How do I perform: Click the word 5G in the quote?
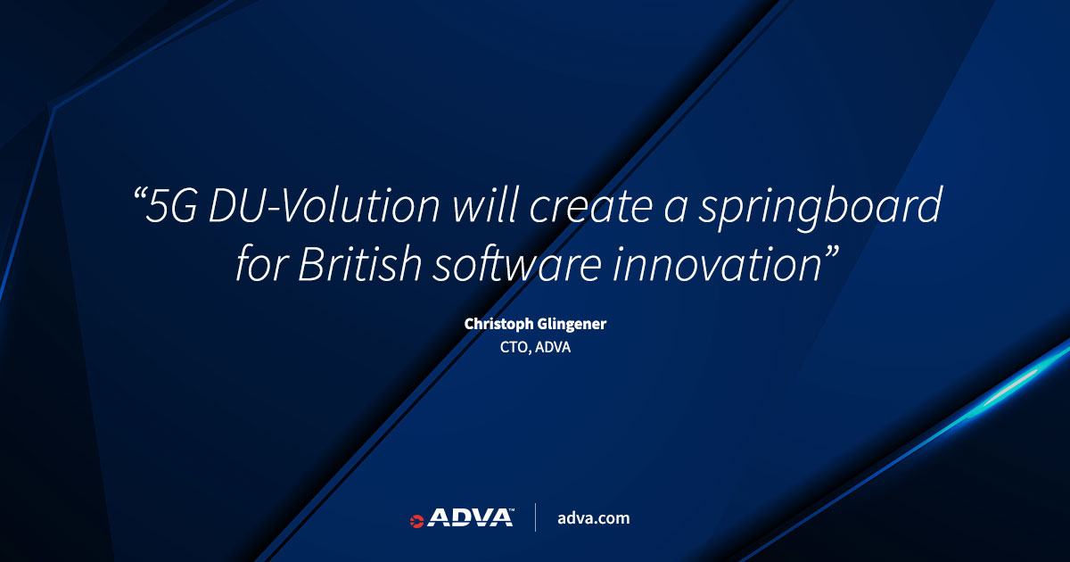[x=171, y=205]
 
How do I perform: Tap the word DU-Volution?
[x=324, y=205]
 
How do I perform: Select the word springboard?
[x=820, y=208]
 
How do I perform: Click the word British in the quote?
[x=359, y=263]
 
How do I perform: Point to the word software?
[x=517, y=263]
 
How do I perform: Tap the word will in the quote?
[x=485, y=205]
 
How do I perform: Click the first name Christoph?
[x=498, y=325]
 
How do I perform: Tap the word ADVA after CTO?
[x=553, y=347]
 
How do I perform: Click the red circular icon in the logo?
[x=416, y=521]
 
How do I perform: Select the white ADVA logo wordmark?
[x=471, y=517]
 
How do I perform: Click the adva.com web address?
[x=594, y=518]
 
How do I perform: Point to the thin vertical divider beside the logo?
[x=536, y=517]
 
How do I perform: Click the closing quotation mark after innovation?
[x=832, y=252]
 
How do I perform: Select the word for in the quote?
[x=262, y=263]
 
